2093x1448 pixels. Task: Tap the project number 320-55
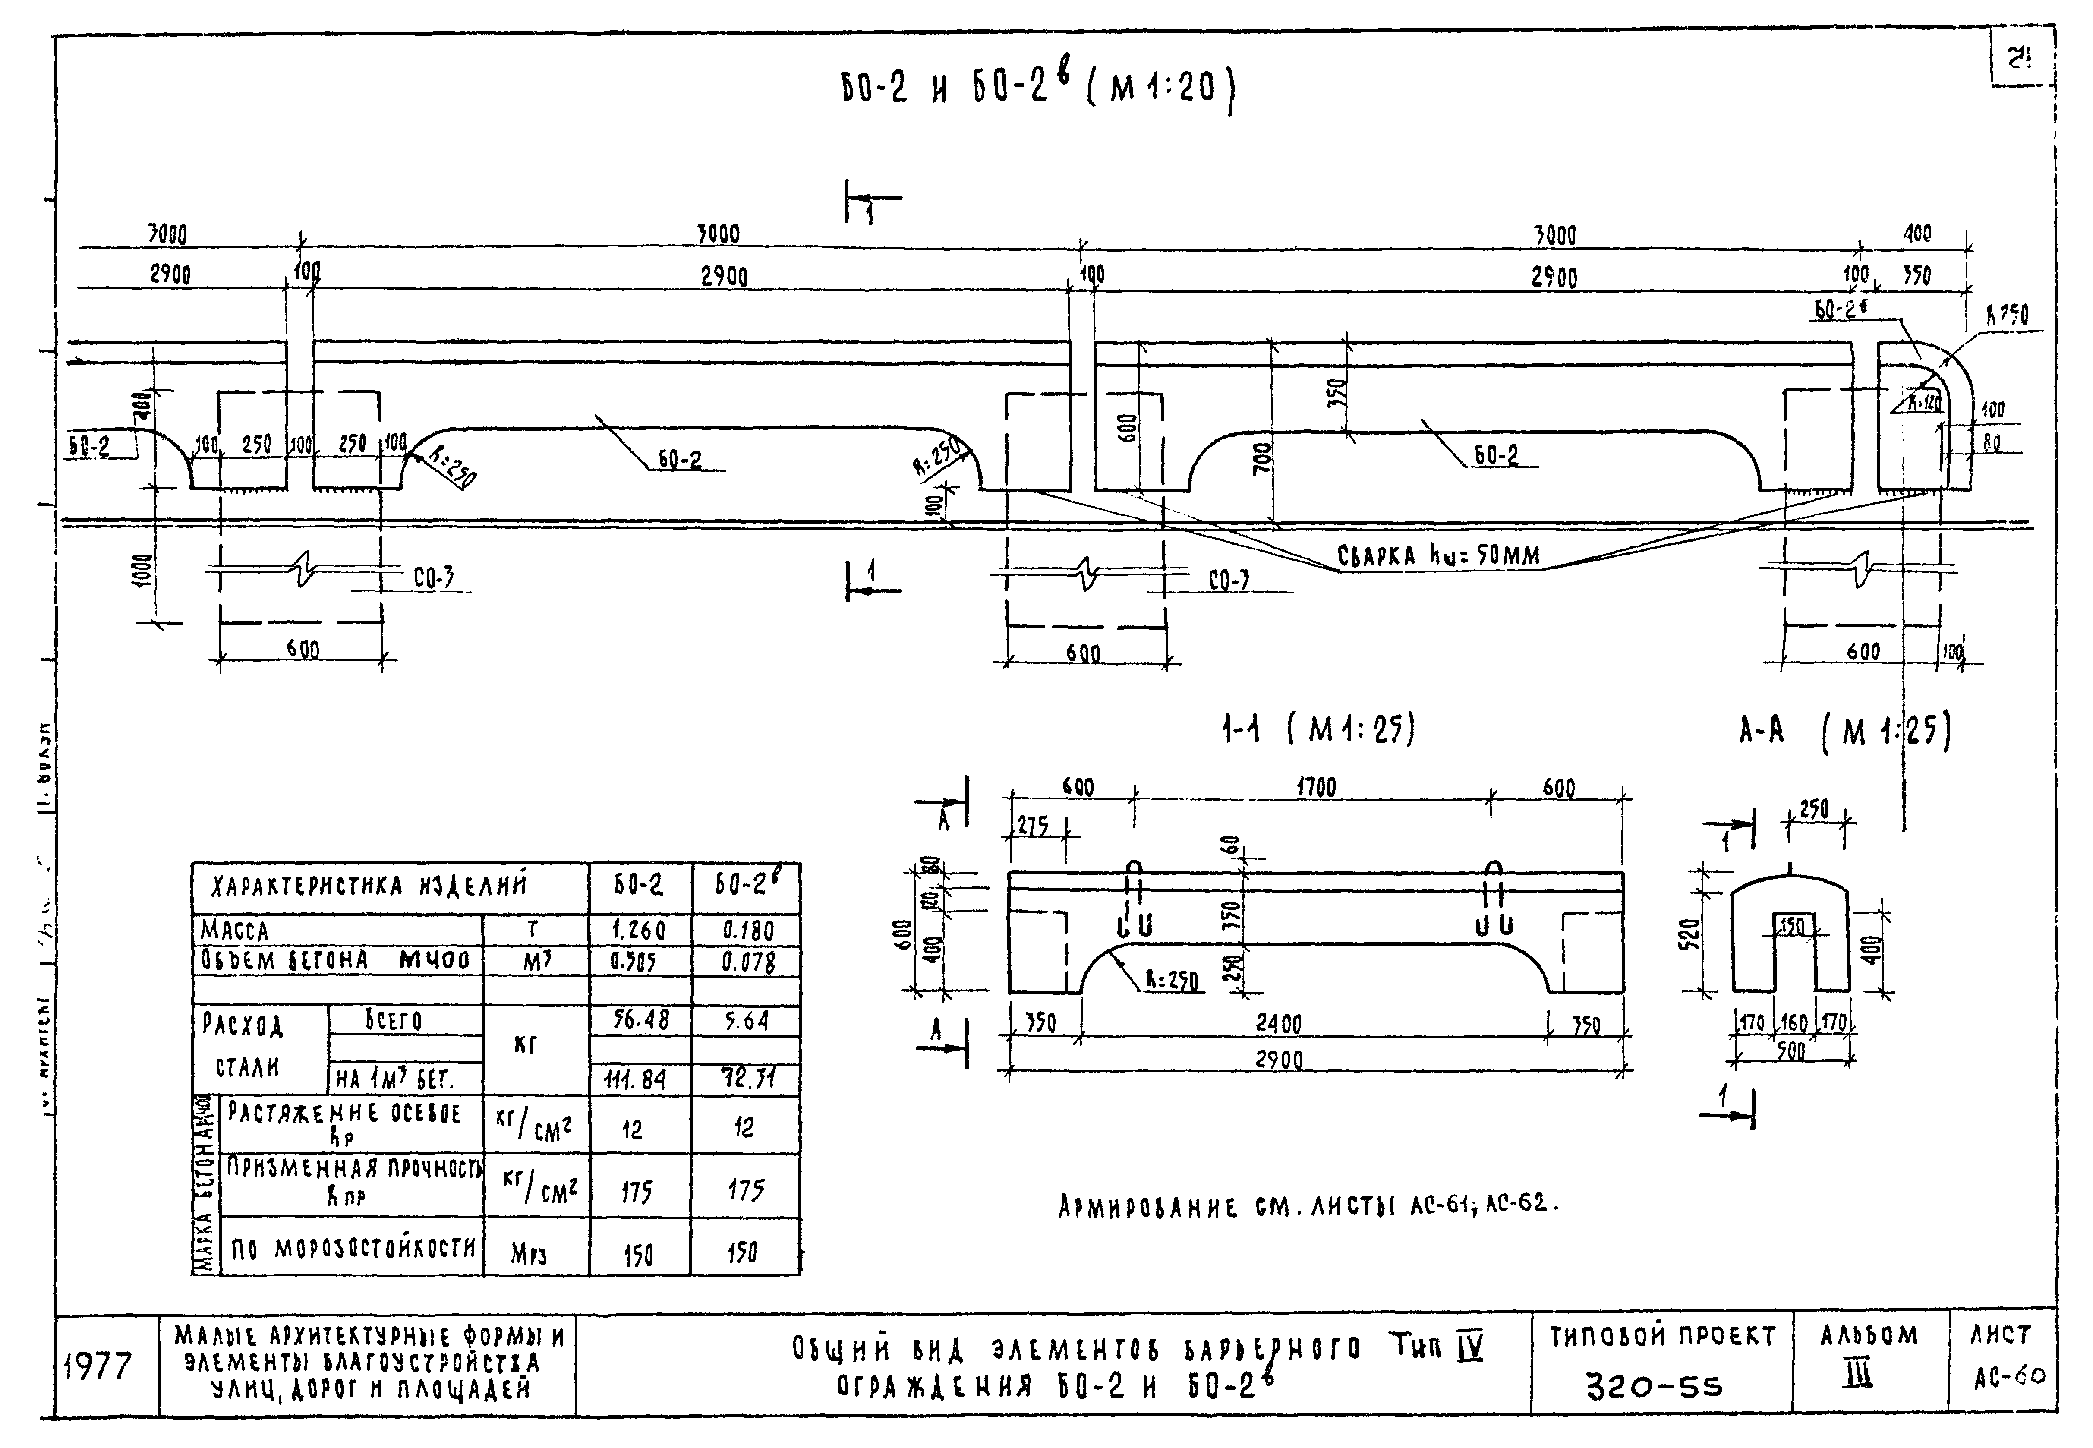click(x=1654, y=1385)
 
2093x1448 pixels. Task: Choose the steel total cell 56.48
click(x=640, y=1020)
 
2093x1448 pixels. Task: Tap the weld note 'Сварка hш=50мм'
click(x=1438, y=555)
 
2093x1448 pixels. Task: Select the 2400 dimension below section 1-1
click(x=1278, y=1023)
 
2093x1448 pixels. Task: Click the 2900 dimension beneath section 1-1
click(x=1278, y=1060)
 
